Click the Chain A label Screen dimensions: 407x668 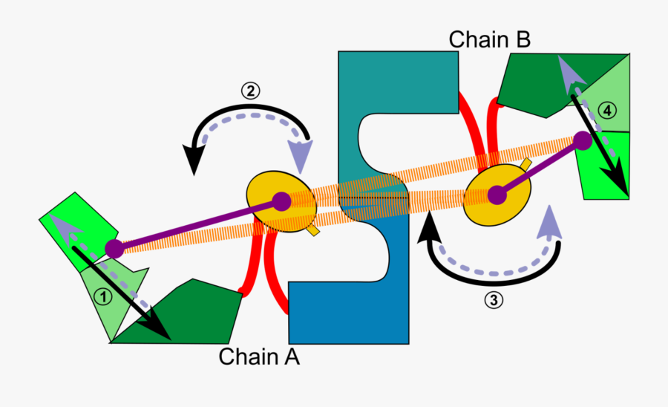[x=259, y=356]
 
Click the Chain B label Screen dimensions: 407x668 [x=490, y=39]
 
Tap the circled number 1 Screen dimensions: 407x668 [x=103, y=297]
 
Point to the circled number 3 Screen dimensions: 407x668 [x=493, y=300]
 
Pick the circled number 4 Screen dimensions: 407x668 [x=606, y=111]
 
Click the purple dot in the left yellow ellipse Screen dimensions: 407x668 [x=281, y=201]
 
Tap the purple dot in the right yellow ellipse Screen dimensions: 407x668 [x=497, y=195]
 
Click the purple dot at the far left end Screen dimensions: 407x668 [x=114, y=249]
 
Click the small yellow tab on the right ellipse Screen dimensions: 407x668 [x=526, y=163]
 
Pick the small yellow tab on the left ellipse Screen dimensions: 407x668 [x=312, y=231]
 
